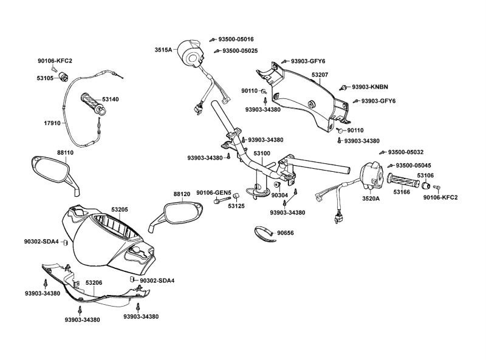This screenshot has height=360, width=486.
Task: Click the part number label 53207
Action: coord(320,75)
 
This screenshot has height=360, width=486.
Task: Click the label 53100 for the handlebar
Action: coord(262,154)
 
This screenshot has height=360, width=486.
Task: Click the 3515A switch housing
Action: coord(191,54)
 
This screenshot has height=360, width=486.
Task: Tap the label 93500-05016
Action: coord(236,39)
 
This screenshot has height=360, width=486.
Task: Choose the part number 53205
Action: coord(120,209)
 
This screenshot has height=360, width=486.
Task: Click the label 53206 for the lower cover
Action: coord(94,283)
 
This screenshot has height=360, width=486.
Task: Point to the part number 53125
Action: coord(236,206)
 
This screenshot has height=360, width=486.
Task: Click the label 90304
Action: coord(279,195)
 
